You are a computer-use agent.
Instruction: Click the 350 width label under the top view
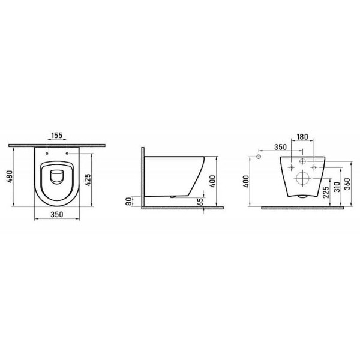pos(56,214)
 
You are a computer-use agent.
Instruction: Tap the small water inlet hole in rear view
pos(303,163)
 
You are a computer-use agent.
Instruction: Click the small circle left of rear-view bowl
pos(259,157)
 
